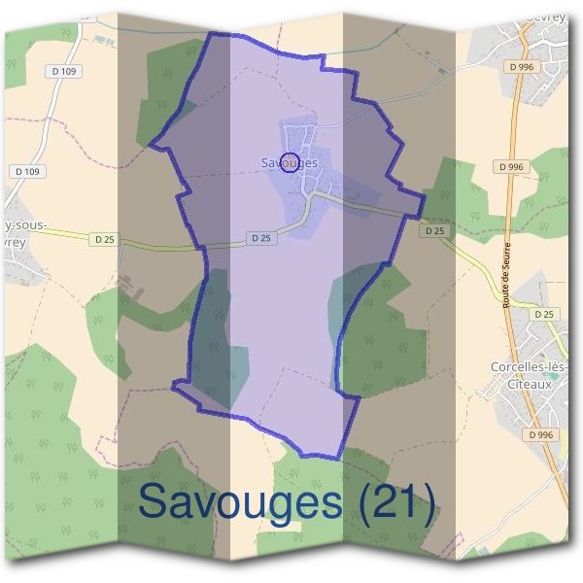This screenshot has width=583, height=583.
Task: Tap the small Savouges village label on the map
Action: pyautogui.click(x=290, y=162)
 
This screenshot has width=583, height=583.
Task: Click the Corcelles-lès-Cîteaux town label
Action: pyautogui.click(x=529, y=374)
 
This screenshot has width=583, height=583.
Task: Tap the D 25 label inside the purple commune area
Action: pyautogui.click(x=259, y=237)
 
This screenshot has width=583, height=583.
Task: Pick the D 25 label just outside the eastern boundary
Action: pyautogui.click(x=434, y=230)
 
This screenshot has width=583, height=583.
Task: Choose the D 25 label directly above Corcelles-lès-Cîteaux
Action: pyautogui.click(x=545, y=314)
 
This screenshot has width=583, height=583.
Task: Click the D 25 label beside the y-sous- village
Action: pyautogui.click(x=104, y=238)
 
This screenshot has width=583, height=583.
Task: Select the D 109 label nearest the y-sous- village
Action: pyautogui.click(x=29, y=171)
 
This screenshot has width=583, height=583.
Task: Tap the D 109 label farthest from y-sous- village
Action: pyautogui.click(x=65, y=72)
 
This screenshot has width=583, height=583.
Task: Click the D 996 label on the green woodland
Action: pyautogui.click(x=510, y=167)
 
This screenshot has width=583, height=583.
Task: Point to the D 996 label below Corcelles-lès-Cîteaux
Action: pyautogui.click(x=541, y=434)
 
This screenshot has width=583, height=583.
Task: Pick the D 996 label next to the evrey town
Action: pyautogui.click(x=522, y=66)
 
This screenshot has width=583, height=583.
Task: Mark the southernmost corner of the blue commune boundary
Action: pyautogui.click(x=338, y=458)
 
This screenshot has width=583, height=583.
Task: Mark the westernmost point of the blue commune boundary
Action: pyautogui.click(x=150, y=147)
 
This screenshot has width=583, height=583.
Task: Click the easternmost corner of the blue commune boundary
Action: pyautogui.click(x=426, y=195)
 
